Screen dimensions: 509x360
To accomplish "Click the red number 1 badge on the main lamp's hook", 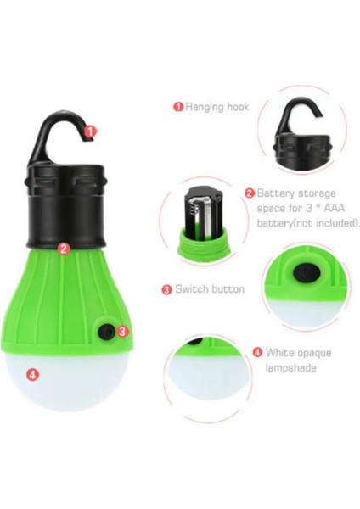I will [x=92, y=131].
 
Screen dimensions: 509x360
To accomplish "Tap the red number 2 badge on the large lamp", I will [x=63, y=249].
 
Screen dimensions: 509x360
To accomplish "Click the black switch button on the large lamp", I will [x=106, y=330].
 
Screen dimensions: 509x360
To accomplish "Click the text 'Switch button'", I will [x=209, y=289].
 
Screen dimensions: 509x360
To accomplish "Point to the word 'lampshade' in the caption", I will [x=290, y=367].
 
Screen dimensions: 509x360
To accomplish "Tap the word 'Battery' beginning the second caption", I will [x=275, y=193].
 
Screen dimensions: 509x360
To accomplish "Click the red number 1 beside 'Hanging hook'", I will [x=178, y=107].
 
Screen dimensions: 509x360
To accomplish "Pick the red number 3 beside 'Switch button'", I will [x=166, y=289].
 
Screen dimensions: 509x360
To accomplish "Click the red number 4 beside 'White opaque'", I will [x=257, y=351].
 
